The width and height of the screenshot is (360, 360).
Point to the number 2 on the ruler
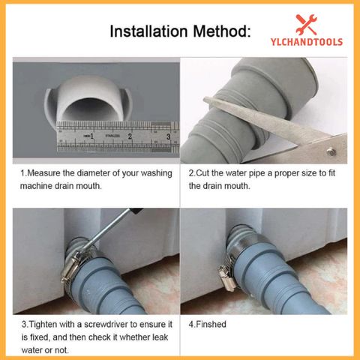point(130,137)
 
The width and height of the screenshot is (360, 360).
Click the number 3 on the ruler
point(168,137)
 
